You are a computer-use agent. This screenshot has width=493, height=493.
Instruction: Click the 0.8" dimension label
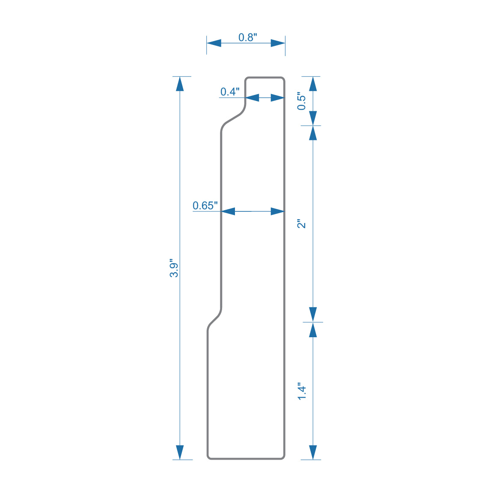(x=247, y=38)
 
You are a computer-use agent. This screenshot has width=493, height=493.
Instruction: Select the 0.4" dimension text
(x=230, y=92)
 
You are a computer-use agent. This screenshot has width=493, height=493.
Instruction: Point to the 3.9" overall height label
(x=174, y=268)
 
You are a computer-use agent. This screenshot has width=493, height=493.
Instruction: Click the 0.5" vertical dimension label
(x=302, y=101)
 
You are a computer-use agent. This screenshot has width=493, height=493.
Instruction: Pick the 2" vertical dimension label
(x=302, y=224)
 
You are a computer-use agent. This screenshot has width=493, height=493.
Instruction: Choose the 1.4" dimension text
(x=302, y=392)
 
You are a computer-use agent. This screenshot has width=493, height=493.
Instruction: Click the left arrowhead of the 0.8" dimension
(x=214, y=43)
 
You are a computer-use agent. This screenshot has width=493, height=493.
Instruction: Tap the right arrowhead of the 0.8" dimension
(x=278, y=43)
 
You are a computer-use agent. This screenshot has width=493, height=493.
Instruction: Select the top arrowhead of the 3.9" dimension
(x=180, y=84)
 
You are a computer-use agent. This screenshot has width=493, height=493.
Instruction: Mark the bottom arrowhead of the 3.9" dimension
(x=180, y=452)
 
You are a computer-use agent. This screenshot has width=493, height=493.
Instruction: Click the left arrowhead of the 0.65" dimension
(x=228, y=211)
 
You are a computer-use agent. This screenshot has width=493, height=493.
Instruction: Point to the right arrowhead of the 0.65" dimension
(x=278, y=211)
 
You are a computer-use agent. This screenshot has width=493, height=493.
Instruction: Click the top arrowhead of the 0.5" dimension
(x=313, y=84)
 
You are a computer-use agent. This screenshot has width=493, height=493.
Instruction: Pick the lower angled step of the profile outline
(x=214, y=319)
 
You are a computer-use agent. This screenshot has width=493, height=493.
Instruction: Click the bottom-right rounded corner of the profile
(x=282, y=457)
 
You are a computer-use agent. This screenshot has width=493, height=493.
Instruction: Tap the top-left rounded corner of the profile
(x=247, y=79)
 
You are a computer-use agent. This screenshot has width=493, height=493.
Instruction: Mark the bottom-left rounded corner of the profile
(x=209, y=457)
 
